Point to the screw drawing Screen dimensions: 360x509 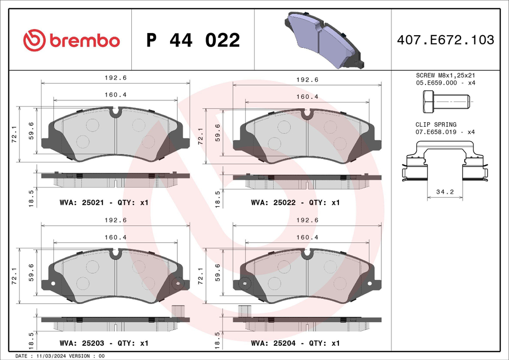click(445, 102)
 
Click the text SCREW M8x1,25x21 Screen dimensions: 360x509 click(445, 75)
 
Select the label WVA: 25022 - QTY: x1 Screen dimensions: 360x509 click(295, 203)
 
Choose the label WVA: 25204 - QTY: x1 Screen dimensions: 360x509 click(295, 344)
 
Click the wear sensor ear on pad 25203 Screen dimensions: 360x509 click(178, 284)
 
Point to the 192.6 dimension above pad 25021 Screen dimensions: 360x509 click(115, 79)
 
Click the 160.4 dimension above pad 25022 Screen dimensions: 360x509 click(307, 96)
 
